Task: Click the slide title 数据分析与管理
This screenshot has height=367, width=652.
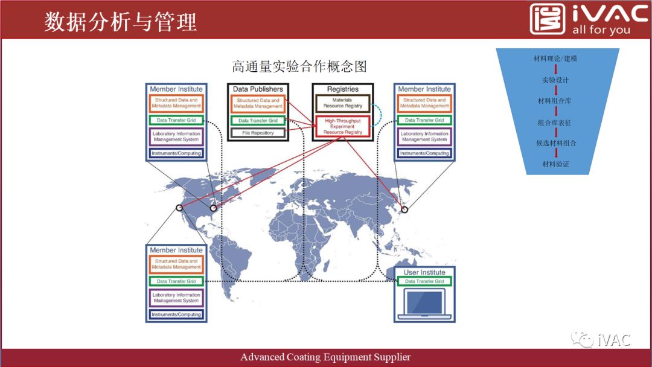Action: (x=121, y=22)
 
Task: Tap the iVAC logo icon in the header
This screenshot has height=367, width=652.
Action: (x=548, y=19)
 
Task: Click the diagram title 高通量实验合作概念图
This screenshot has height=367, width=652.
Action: (x=299, y=66)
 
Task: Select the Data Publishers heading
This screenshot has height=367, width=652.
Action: (x=258, y=89)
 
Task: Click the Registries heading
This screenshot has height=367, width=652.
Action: (x=342, y=89)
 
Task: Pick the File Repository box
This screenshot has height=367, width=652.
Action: (x=258, y=133)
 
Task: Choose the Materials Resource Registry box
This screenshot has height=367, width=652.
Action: (x=342, y=103)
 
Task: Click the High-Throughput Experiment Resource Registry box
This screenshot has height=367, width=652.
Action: (x=342, y=126)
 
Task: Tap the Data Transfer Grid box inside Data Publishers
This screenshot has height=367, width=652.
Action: (x=258, y=121)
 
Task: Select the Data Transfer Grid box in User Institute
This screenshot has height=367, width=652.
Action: (x=424, y=281)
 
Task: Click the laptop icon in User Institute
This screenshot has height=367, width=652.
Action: (x=424, y=304)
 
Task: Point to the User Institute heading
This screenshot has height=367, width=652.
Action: (x=424, y=272)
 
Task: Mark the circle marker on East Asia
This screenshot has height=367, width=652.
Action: (x=404, y=209)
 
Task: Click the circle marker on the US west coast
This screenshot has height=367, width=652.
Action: (x=179, y=208)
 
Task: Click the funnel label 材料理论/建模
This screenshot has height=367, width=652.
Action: (x=555, y=59)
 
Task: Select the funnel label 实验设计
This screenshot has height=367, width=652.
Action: (x=555, y=80)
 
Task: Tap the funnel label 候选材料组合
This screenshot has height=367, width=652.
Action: (x=556, y=143)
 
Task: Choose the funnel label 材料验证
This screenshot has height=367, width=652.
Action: (x=555, y=164)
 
